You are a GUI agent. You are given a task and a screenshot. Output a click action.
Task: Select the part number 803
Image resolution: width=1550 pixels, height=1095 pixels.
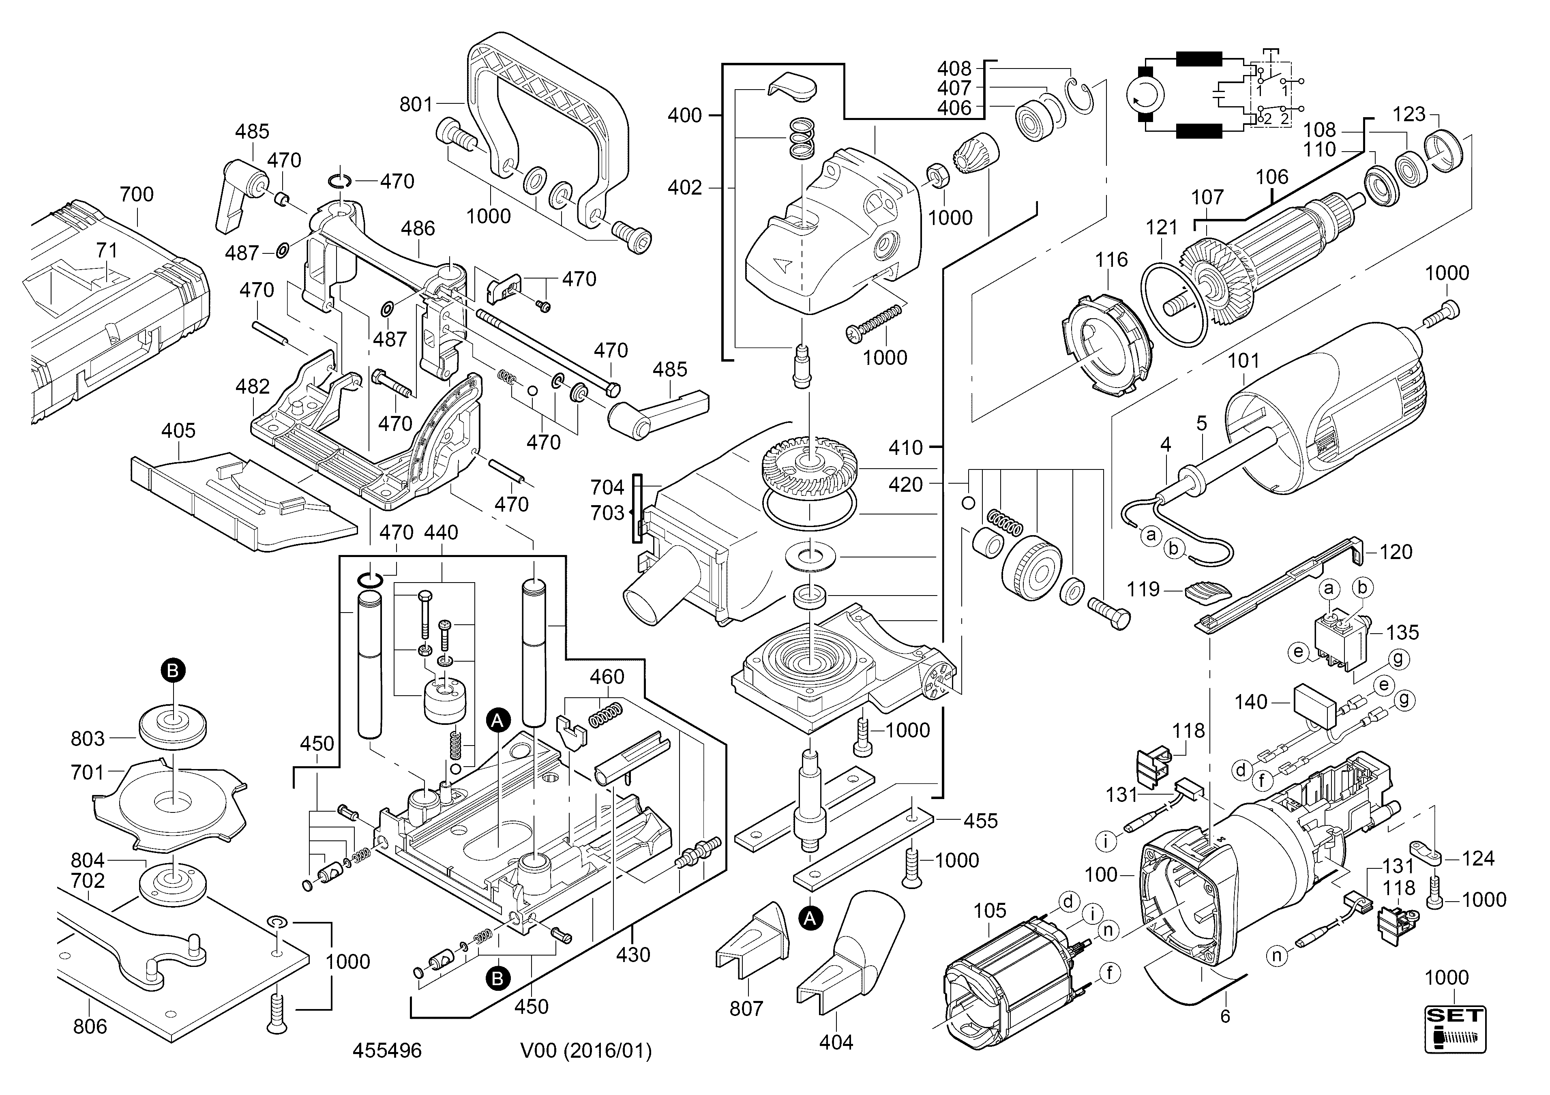tap(88, 739)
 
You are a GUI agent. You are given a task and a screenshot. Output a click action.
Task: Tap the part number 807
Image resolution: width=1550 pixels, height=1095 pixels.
tap(746, 1009)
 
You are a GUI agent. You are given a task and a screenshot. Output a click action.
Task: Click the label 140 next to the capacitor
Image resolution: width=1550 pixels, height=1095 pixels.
tap(1251, 702)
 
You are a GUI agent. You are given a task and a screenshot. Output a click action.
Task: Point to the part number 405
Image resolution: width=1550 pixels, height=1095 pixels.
tap(178, 431)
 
